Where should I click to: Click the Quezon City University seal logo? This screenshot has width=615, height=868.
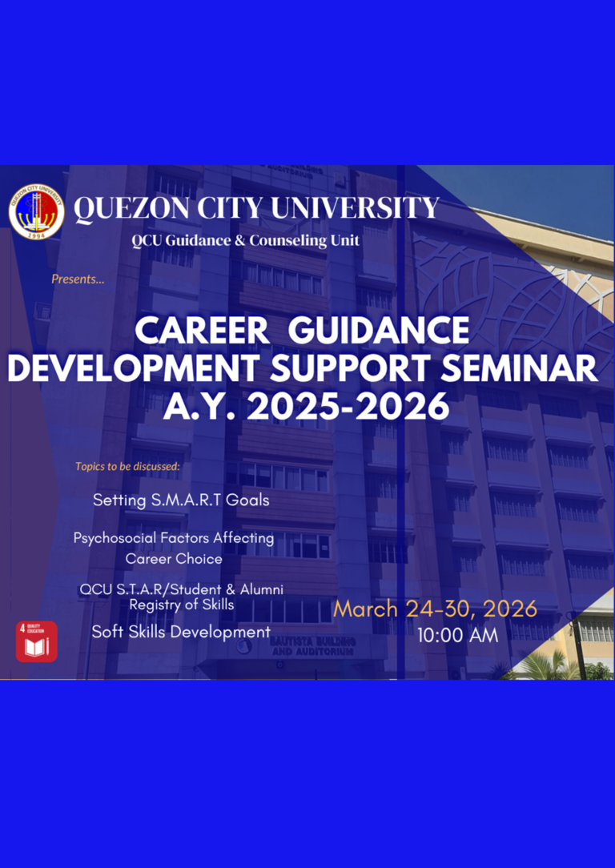[x=37, y=212]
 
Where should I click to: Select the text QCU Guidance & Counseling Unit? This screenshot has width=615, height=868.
[x=246, y=241]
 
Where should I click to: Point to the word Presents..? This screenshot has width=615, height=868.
[x=78, y=279]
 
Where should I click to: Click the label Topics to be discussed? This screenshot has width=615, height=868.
[x=128, y=466]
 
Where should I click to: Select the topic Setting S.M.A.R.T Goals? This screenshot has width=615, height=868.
[x=181, y=500]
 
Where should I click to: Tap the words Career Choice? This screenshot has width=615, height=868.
[x=174, y=558]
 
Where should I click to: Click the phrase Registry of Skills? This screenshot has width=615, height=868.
[x=182, y=605]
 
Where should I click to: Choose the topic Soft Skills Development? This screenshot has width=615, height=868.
[x=181, y=632]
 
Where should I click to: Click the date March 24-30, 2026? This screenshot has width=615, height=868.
[x=435, y=609]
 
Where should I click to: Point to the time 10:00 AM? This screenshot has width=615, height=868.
[x=457, y=636]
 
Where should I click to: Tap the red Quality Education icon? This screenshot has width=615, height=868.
[x=37, y=641]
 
